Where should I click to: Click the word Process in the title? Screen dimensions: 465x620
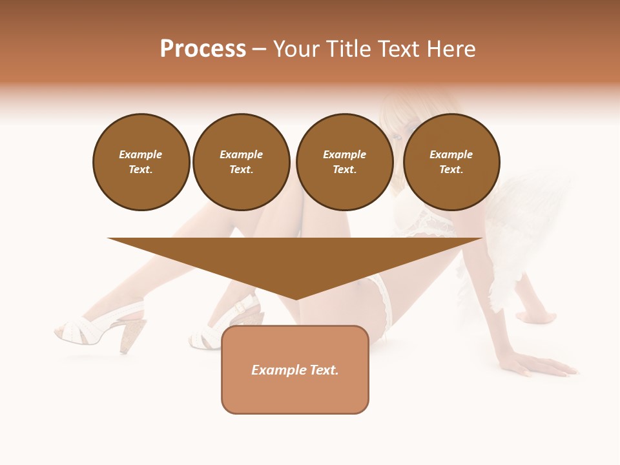tap(203, 49)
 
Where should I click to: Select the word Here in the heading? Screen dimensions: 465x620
tap(451, 49)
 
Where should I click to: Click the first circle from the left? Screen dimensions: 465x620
tap(141, 162)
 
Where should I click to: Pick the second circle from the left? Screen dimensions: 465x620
tap(242, 162)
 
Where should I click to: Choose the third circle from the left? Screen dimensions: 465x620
tap(345, 162)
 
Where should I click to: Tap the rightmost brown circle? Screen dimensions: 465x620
tap(451, 162)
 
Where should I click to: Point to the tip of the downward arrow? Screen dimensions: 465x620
tap(296, 298)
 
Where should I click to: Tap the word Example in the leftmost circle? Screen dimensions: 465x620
tap(141, 154)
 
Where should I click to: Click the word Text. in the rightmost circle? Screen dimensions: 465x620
tap(451, 170)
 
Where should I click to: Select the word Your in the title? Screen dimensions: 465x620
tap(294, 49)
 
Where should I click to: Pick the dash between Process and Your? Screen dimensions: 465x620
tap(260, 49)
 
